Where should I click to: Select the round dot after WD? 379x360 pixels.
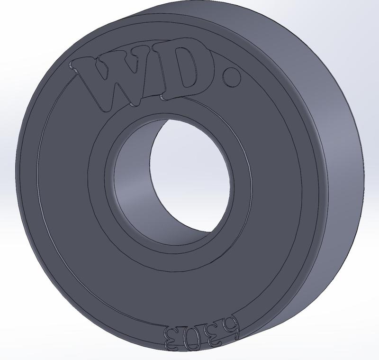click(x=232, y=77)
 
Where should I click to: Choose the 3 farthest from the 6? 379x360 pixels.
click(x=171, y=338)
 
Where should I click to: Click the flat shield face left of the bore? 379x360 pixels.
click(x=66, y=190)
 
